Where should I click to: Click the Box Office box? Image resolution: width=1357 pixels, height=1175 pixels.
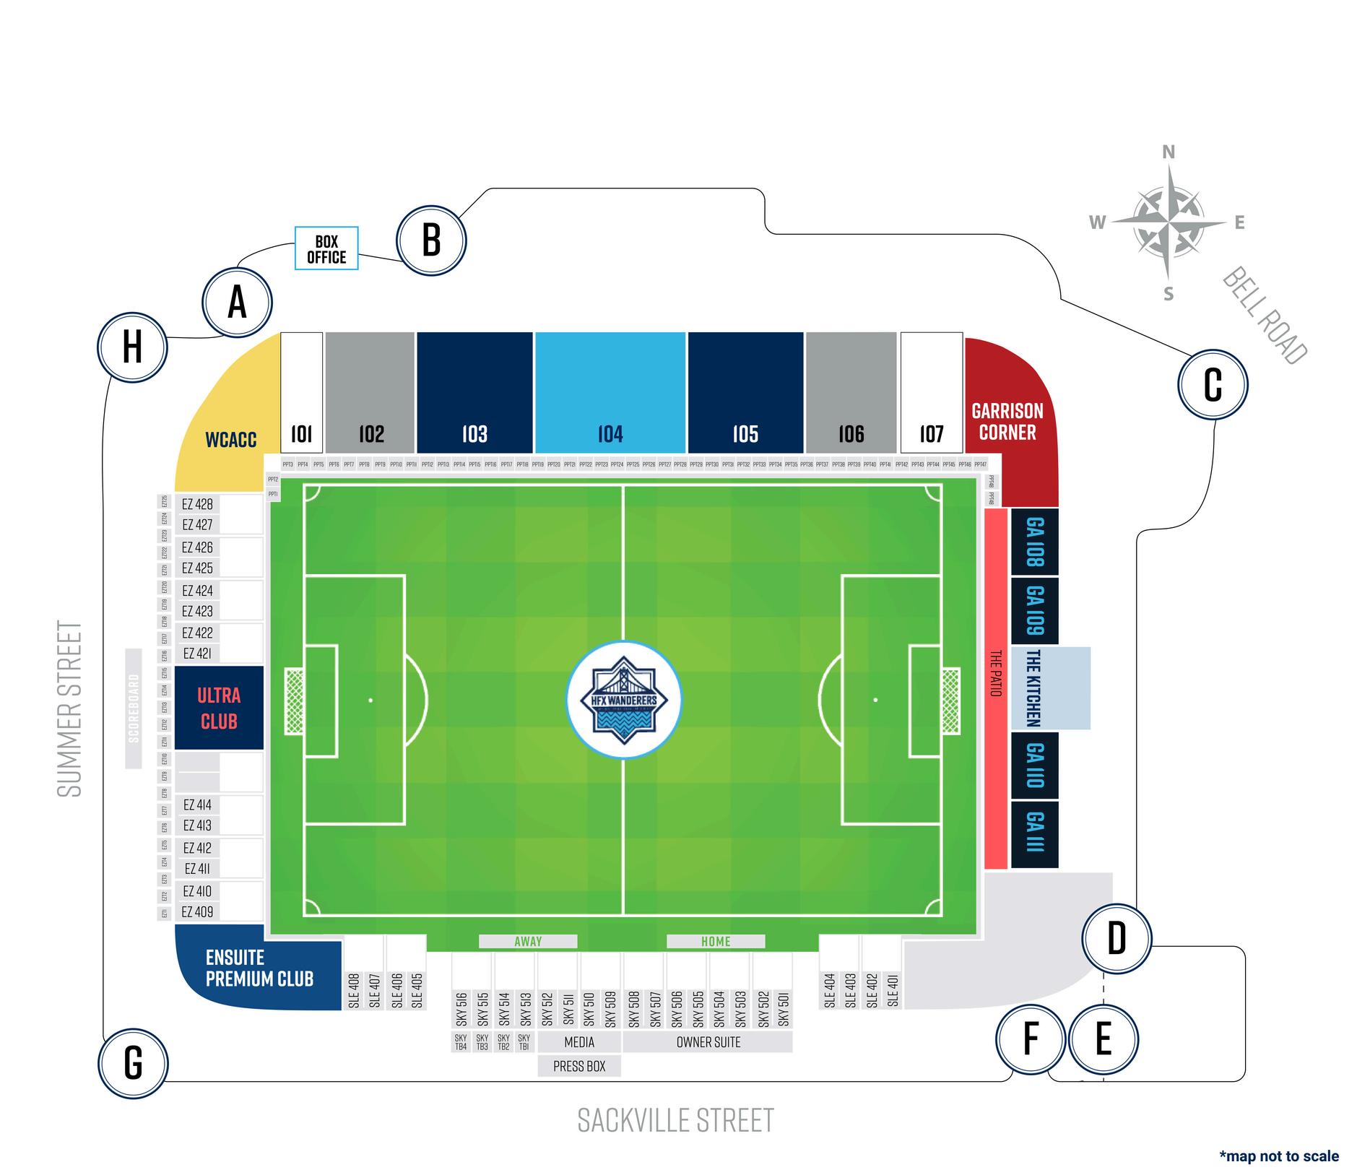(326, 248)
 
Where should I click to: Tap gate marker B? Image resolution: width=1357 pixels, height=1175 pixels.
(431, 240)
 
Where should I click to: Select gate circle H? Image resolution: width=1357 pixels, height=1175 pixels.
(132, 347)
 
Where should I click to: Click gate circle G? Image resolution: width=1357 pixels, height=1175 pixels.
(133, 1063)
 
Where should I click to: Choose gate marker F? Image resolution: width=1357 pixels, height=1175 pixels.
(1031, 1039)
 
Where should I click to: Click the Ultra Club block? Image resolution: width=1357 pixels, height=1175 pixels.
(219, 708)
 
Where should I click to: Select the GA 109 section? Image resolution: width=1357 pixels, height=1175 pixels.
(1034, 610)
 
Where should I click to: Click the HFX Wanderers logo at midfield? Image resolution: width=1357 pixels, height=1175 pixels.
(624, 699)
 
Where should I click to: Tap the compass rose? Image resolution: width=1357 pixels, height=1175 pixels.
(1168, 222)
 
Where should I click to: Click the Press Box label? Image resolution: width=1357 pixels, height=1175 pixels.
(579, 1066)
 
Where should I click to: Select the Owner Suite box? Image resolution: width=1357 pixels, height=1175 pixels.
(708, 1042)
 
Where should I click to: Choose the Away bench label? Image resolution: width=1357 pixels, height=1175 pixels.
(528, 941)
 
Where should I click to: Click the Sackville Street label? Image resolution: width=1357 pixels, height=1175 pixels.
(675, 1120)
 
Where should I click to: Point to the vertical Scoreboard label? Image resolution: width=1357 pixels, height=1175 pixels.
(134, 708)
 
